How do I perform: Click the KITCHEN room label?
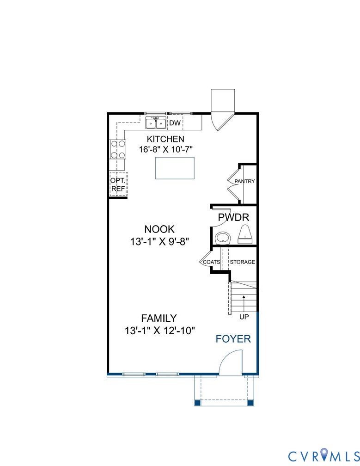165,139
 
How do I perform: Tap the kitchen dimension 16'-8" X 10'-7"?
165,149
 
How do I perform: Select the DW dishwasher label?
174,123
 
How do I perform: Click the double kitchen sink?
156,123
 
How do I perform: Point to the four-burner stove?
118,149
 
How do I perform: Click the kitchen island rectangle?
175,168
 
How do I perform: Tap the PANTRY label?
244,181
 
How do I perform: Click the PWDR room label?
234,217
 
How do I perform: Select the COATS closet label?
212,262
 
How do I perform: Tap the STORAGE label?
242,262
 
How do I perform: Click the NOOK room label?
159,229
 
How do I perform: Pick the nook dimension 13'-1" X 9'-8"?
159,241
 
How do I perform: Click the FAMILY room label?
159,318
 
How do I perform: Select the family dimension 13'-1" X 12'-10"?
160,331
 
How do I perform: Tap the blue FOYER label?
233,339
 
